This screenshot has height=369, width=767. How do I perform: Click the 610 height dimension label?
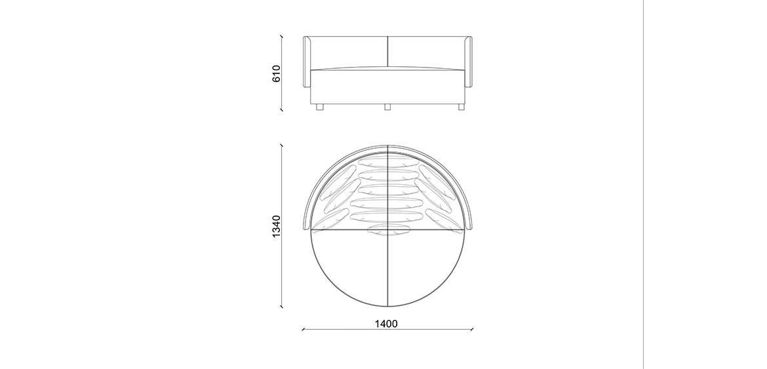(x=277, y=74)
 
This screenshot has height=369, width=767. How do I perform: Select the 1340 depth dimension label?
(x=277, y=226)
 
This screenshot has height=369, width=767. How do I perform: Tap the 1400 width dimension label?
(x=386, y=324)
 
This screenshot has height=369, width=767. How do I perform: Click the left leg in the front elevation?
(x=320, y=107)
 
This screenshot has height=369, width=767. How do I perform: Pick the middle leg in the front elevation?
(x=387, y=107)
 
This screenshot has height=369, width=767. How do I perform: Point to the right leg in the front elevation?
(x=462, y=107)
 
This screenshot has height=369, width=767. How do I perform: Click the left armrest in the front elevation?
(x=307, y=62)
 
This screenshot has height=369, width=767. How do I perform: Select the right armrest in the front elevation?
(x=468, y=62)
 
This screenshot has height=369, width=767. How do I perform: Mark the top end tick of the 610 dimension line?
(x=281, y=36)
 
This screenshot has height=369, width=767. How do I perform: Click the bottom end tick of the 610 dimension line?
(x=281, y=110)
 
